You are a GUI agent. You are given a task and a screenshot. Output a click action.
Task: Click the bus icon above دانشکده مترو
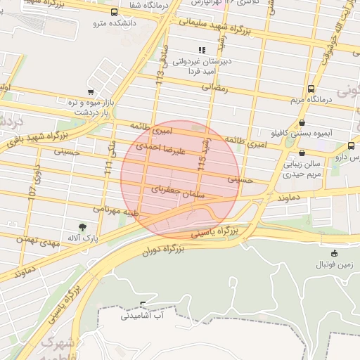[x=115, y=12]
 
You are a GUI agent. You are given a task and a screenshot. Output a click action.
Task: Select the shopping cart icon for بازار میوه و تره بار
[x=90, y=92]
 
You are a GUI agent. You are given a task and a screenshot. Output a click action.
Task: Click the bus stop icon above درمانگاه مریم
[x=311, y=89]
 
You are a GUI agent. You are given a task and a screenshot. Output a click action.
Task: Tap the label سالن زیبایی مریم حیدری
[x=302, y=167]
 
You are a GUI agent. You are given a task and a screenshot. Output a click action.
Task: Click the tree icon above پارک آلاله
[x=83, y=226]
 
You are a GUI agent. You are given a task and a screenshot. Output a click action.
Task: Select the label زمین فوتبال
[x=334, y=264]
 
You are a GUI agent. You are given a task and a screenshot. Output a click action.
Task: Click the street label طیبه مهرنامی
[x=117, y=210]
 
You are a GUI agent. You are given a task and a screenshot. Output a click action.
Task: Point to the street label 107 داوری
[x=34, y=186]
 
